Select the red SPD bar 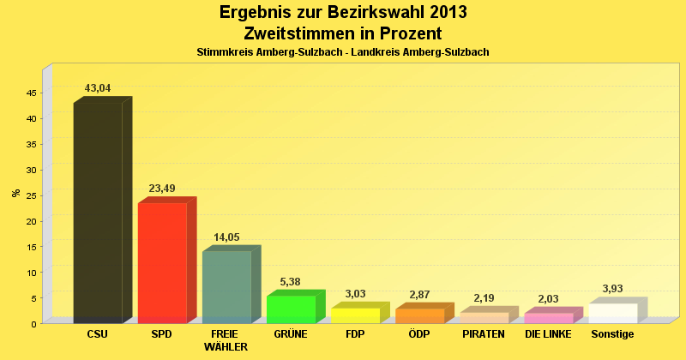[162, 262]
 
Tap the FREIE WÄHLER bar [226, 286]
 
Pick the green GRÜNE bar [291, 309]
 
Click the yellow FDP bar [355, 315]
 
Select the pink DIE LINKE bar [548, 318]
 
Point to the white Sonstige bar [612, 313]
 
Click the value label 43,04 [98, 88]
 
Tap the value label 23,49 [162, 189]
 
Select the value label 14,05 [226, 237]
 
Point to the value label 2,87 [419, 295]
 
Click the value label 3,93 [612, 289]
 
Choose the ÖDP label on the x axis [419, 333]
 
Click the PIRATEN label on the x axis [484, 333]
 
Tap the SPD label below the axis [162, 333]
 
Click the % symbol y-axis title [15, 193]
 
